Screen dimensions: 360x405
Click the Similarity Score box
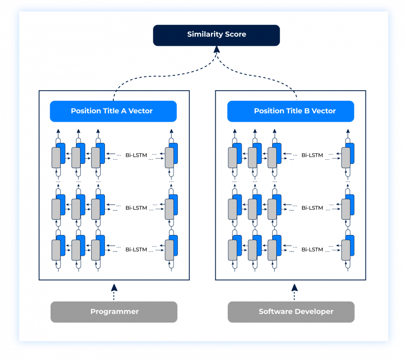click(216, 35)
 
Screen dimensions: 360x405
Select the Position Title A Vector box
click(113, 111)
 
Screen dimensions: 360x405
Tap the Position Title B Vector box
click(290, 111)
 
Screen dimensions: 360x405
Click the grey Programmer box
click(114, 312)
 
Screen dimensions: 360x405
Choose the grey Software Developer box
click(291, 312)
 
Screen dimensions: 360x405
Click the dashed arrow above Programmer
click(114, 291)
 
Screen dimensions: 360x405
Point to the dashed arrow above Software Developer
click(294, 291)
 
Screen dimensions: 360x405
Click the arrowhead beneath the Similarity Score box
click(216, 50)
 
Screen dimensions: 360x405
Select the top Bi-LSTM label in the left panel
click(136, 155)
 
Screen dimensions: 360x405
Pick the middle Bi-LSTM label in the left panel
click(136, 208)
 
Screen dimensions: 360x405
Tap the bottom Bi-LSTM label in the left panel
click(136, 249)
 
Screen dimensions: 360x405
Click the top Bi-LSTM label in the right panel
click(312, 155)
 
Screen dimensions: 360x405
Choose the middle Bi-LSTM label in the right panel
click(312, 208)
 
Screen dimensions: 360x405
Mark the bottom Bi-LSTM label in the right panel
click(312, 249)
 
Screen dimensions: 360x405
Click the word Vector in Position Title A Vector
click(140, 111)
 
